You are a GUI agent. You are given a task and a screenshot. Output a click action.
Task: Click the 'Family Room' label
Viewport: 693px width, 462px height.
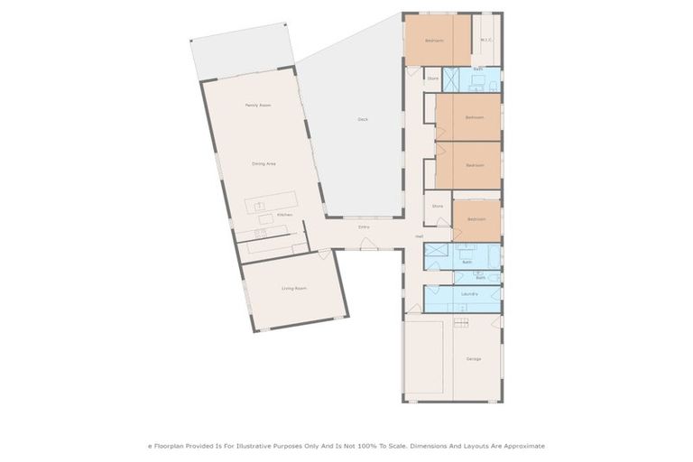[x=258, y=106]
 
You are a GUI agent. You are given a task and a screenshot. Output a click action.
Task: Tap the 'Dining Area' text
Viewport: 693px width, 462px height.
[x=263, y=163]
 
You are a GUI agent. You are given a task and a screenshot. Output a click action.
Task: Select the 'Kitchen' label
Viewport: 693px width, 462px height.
[x=284, y=215]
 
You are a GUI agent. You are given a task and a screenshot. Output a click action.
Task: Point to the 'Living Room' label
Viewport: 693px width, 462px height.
[x=294, y=288]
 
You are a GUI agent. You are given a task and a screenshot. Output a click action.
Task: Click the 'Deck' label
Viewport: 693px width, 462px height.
[x=363, y=119]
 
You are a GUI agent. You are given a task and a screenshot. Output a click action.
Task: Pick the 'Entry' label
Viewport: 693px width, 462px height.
[x=364, y=226]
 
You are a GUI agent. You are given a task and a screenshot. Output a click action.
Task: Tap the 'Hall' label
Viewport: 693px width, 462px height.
[x=420, y=236]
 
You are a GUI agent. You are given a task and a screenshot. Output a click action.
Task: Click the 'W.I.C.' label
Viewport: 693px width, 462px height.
[x=486, y=40]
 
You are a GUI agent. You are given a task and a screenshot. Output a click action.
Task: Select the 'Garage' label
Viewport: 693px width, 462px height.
[x=474, y=359]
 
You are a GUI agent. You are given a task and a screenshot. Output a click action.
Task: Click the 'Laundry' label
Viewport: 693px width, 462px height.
[x=467, y=294]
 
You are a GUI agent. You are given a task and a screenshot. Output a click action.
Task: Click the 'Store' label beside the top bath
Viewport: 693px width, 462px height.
[x=433, y=79]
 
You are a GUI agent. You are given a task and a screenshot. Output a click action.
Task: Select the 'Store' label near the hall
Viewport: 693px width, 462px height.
[x=438, y=207]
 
